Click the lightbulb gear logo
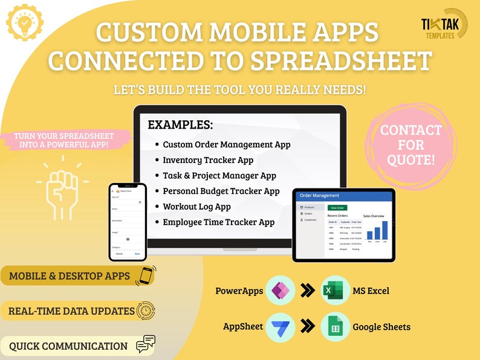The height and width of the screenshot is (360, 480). coord(25,23)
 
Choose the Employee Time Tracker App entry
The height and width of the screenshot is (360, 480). coord(218,222)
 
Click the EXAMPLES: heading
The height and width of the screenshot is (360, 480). coord(180,126)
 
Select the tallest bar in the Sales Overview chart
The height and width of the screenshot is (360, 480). coord(384,230)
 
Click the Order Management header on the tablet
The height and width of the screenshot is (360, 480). coord(320,196)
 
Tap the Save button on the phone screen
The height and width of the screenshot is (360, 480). coord(137,254)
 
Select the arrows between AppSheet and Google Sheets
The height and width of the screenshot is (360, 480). coord(308,327)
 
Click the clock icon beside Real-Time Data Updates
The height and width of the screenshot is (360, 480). coord(146,311)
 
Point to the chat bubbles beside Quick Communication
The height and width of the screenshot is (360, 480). coord(146,344)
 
